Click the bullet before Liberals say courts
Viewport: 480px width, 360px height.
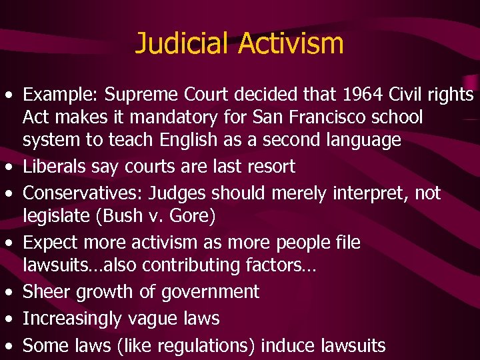11,167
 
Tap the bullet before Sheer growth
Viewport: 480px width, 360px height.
11,292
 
